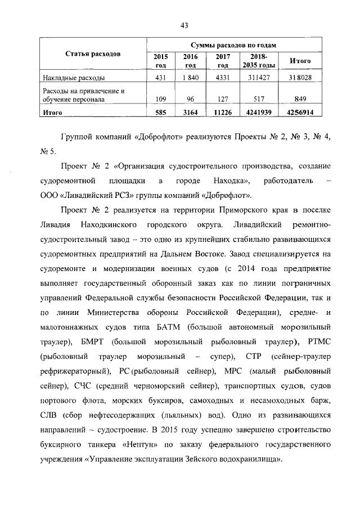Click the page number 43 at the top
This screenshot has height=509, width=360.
(x=183, y=24)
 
